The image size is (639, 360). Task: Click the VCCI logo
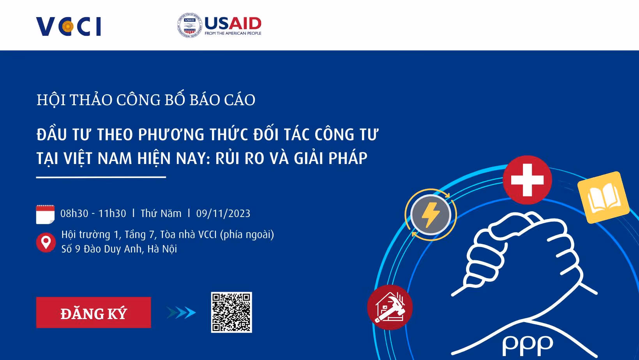(69, 26)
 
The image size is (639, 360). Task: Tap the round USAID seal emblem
(189, 25)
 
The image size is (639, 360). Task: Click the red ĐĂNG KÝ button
(94, 312)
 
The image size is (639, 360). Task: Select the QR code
(231, 312)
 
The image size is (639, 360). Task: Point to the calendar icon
(45, 214)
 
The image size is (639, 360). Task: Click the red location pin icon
(46, 242)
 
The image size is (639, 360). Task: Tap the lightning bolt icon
(431, 215)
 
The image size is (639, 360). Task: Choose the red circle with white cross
(527, 180)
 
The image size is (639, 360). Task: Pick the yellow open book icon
(604, 198)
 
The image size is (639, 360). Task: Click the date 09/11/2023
(223, 214)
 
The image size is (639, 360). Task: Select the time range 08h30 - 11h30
(93, 214)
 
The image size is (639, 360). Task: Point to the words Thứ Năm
(161, 214)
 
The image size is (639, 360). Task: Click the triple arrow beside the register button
(181, 312)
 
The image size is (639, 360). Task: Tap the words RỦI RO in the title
(240, 158)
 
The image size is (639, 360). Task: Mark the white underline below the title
(101, 177)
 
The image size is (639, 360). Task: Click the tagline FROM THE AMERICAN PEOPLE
(233, 34)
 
